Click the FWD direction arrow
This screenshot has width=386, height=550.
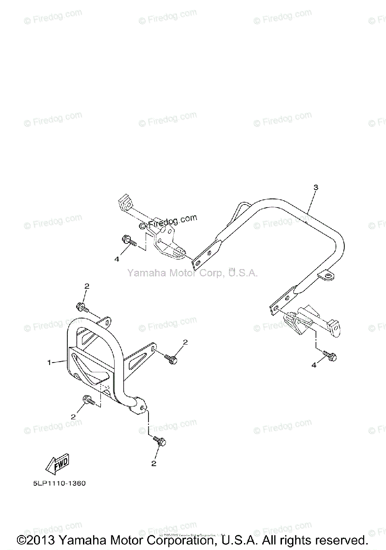click(x=57, y=465)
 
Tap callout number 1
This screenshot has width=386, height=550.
click(x=49, y=363)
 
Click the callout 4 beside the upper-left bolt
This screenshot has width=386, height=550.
click(x=116, y=259)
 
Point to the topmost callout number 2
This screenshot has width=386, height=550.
click(x=87, y=286)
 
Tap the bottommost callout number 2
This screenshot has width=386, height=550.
click(x=154, y=463)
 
